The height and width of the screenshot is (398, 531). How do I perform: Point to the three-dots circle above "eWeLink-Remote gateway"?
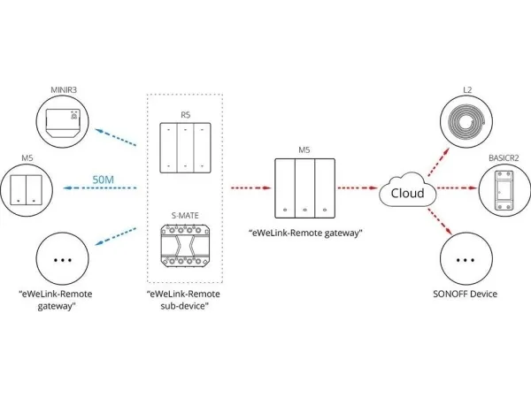[63, 259]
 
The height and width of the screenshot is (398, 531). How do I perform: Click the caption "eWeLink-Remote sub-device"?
[184, 299]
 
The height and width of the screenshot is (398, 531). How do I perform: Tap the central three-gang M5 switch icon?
[304, 188]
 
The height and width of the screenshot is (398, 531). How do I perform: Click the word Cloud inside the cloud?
[407, 194]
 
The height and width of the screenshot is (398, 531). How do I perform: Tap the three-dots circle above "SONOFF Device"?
[467, 261]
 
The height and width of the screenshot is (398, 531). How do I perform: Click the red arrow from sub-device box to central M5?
[250, 188]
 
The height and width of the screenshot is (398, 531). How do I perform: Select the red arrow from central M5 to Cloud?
[358, 188]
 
